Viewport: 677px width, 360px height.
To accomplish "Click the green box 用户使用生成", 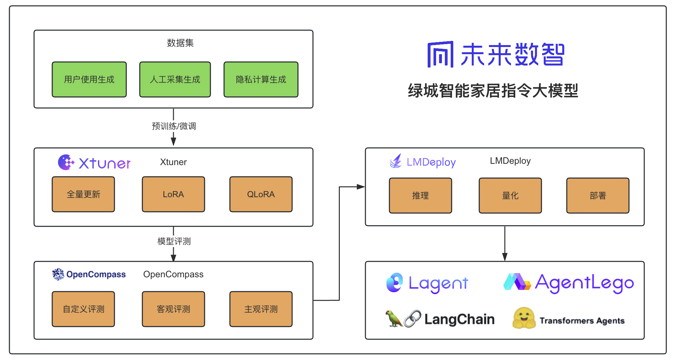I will [x=89, y=79].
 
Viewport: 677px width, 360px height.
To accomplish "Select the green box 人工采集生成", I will [x=175, y=79].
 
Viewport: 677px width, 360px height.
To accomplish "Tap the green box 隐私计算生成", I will [x=261, y=79].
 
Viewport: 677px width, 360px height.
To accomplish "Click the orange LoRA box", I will [x=173, y=194].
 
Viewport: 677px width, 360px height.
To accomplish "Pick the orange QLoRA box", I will [x=261, y=194].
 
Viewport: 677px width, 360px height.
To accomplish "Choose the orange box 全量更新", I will [x=83, y=194].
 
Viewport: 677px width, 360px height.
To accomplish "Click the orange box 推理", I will [x=421, y=196].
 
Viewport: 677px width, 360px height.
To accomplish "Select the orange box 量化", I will [x=510, y=196].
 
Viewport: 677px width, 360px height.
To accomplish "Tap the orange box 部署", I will [x=598, y=196].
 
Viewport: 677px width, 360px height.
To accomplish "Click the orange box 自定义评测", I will [x=83, y=309].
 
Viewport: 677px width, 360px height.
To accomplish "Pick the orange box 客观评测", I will [x=173, y=309].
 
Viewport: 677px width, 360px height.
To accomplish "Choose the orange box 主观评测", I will [x=261, y=309].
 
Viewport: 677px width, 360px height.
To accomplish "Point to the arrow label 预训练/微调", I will [x=174, y=126].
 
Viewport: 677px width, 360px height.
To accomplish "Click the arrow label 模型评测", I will [x=174, y=241].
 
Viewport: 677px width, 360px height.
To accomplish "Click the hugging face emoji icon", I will [x=524, y=318].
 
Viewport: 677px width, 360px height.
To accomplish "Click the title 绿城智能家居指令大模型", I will [x=493, y=90].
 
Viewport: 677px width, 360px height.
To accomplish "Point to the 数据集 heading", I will [x=180, y=43].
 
